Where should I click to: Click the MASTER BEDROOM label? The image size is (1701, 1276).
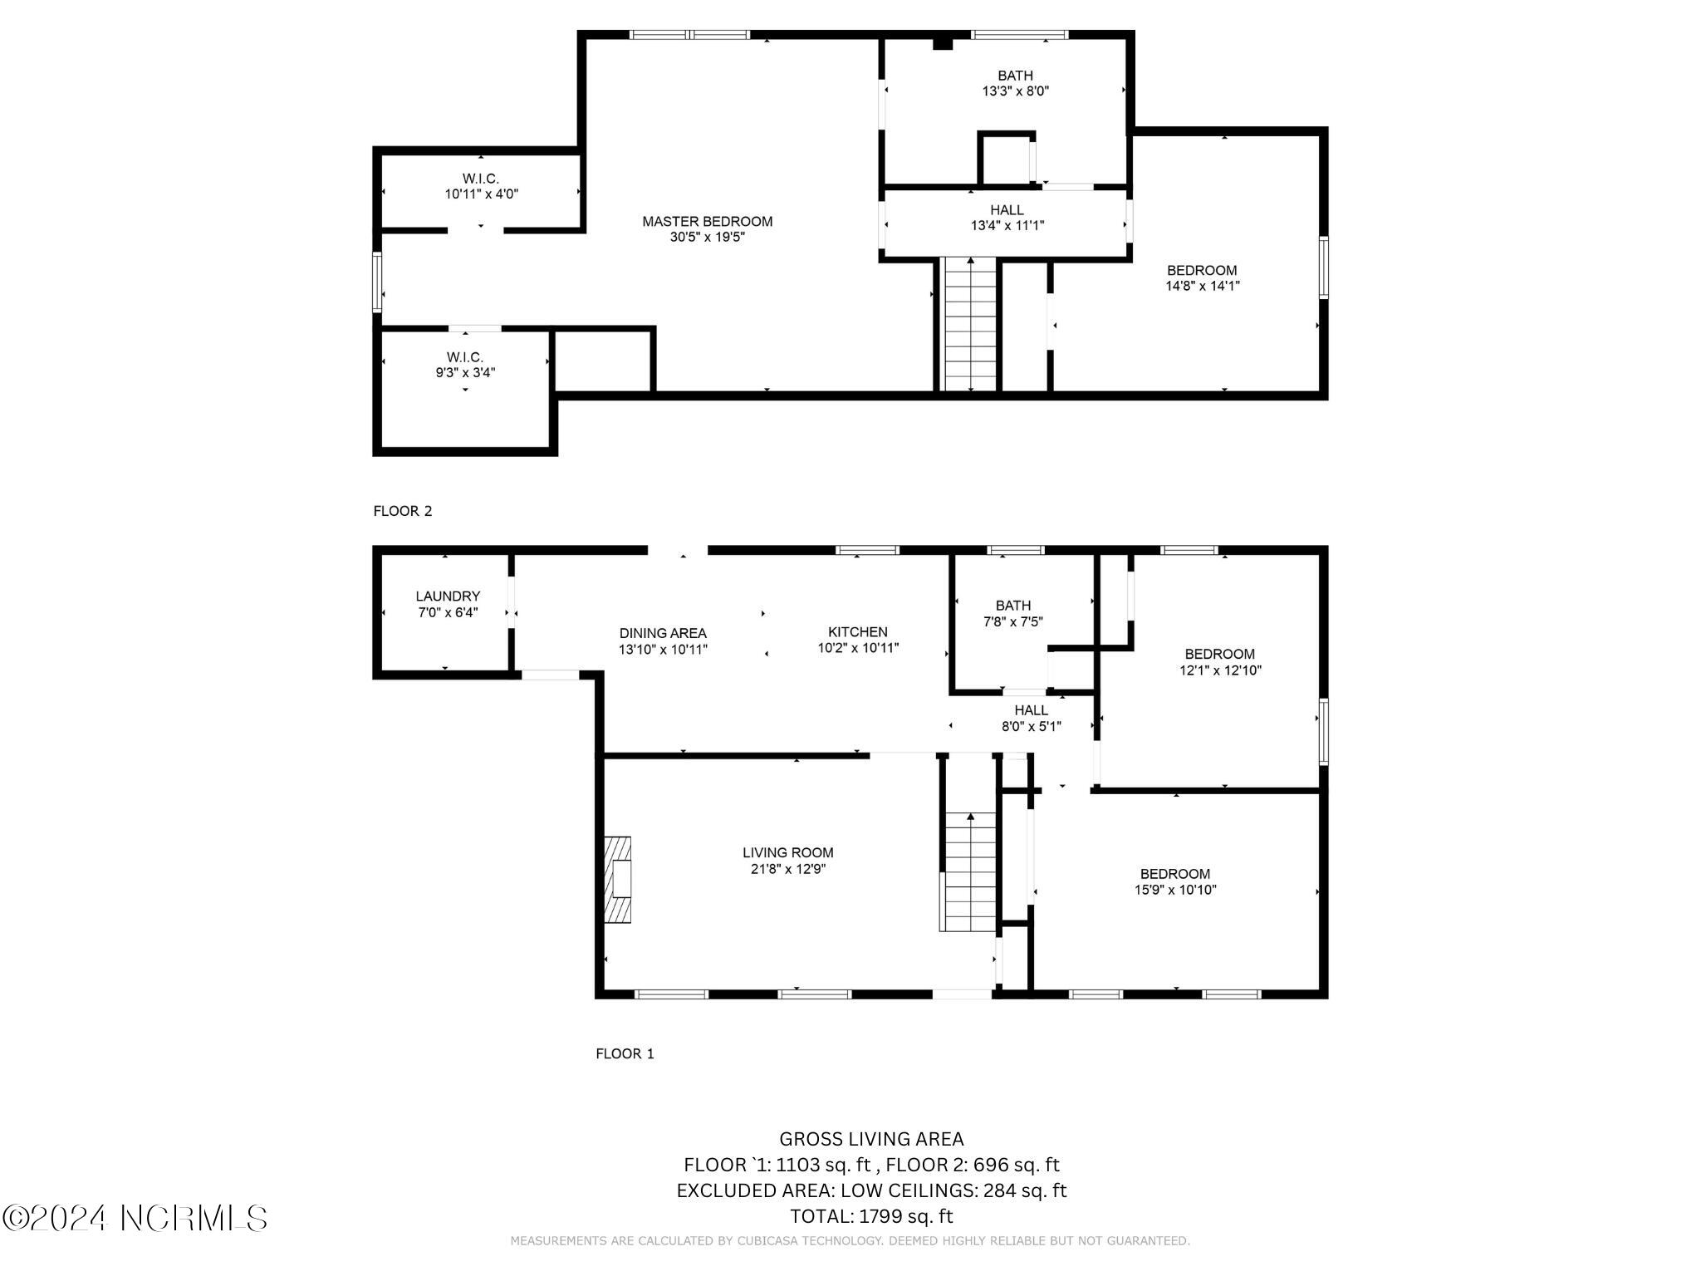707,222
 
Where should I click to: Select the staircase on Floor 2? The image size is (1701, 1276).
970,326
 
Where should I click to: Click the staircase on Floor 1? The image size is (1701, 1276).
969,872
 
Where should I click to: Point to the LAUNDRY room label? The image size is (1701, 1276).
448,596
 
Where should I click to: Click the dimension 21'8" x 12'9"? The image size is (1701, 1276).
787,869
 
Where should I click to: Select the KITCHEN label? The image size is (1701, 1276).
857,632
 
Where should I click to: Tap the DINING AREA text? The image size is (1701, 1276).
663,633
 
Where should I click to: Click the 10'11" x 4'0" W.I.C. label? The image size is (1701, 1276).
481,186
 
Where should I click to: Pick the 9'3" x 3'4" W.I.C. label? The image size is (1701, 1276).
465,366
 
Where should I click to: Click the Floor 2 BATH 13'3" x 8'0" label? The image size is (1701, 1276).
1015,83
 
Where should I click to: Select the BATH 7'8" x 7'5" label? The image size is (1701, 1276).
1012,613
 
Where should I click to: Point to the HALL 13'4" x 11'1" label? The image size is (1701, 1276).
1007,218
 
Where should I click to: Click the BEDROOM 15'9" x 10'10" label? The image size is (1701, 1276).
1174,881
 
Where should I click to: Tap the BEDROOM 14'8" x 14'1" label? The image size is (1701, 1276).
1202,278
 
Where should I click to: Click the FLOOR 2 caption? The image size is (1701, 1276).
403,511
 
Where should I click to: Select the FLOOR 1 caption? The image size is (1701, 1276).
625,1053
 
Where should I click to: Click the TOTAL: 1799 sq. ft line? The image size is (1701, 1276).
871,1216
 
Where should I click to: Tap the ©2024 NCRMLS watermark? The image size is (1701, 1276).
135,1218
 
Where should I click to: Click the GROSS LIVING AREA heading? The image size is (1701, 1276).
871,1139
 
